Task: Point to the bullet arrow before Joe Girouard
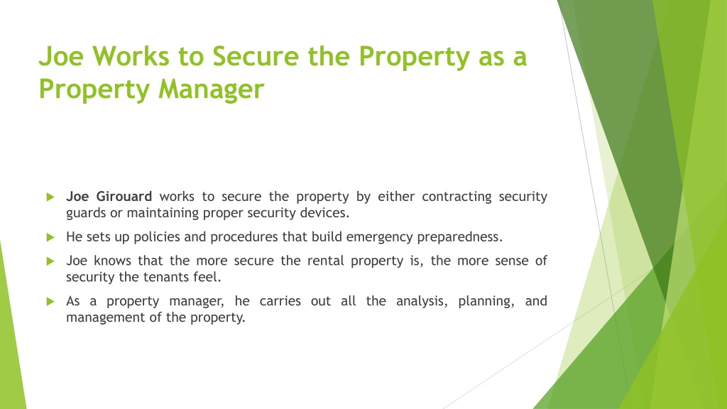[50, 197]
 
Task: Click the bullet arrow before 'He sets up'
[50, 236]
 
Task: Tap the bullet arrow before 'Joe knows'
[50, 261]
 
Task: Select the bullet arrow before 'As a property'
[50, 301]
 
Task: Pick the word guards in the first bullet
[84, 213]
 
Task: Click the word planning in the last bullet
[486, 301]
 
